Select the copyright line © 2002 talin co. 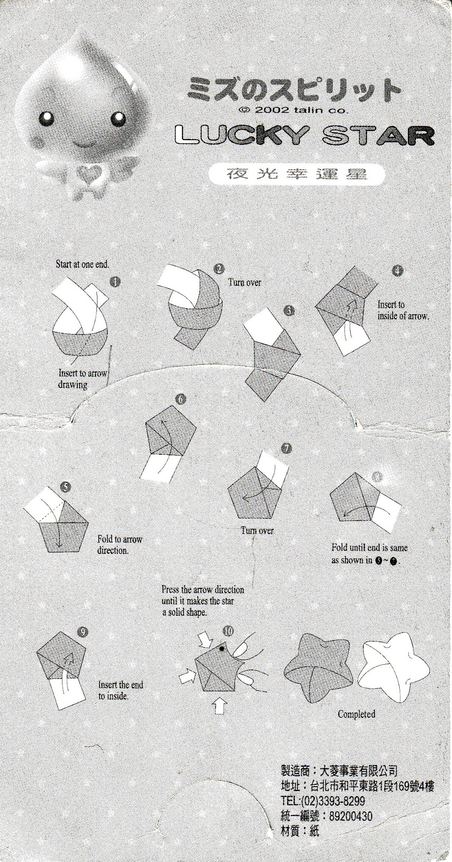(x=294, y=109)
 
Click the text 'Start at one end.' (x=83, y=265)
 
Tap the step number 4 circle (x=397, y=271)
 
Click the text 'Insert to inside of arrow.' (x=402, y=310)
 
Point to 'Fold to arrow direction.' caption (x=120, y=545)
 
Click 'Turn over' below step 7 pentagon (x=257, y=531)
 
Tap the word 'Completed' (x=356, y=714)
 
